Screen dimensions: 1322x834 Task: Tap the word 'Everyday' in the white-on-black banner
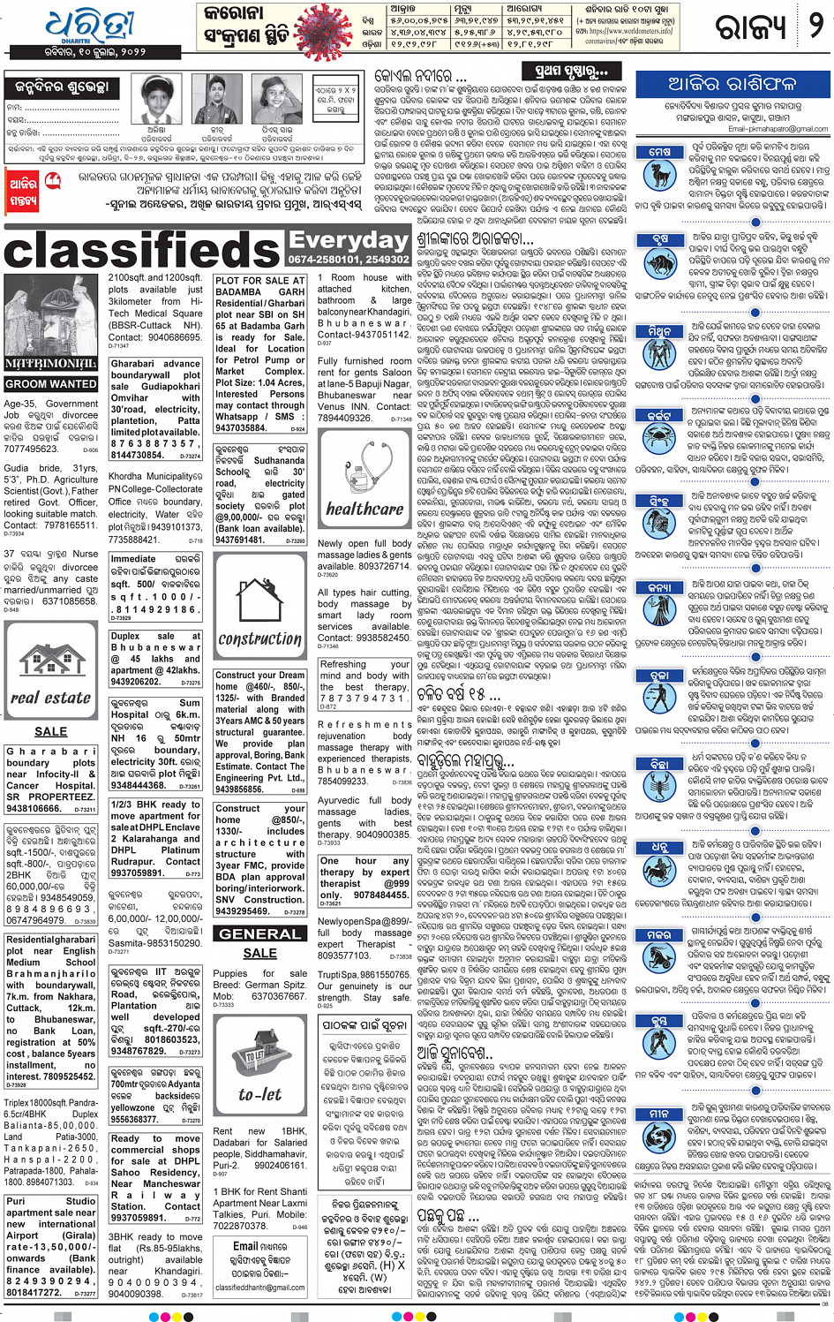point(348,240)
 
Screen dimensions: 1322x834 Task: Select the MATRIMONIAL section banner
point(51,363)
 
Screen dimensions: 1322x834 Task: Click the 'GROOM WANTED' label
point(51,384)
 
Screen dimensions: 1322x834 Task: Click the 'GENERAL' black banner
point(259,933)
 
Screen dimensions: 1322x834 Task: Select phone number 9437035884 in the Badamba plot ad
point(241,427)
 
